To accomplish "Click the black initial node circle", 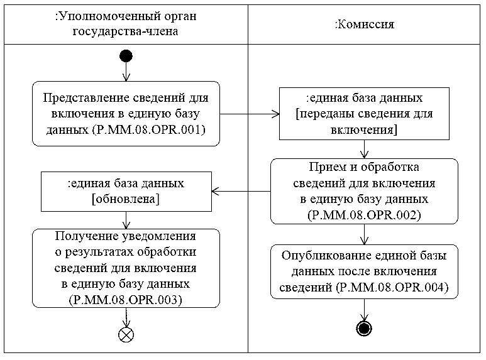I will (x=126, y=57).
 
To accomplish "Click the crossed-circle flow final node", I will (x=126, y=334).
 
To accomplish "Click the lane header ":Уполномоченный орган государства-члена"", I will (x=126, y=25).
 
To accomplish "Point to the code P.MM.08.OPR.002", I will (x=364, y=214).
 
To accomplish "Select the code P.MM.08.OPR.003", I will (x=126, y=300).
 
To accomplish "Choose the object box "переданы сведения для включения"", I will (x=364, y=114).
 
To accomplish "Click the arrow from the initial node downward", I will (x=126, y=72).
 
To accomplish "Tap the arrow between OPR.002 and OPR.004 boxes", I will (x=364, y=234).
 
